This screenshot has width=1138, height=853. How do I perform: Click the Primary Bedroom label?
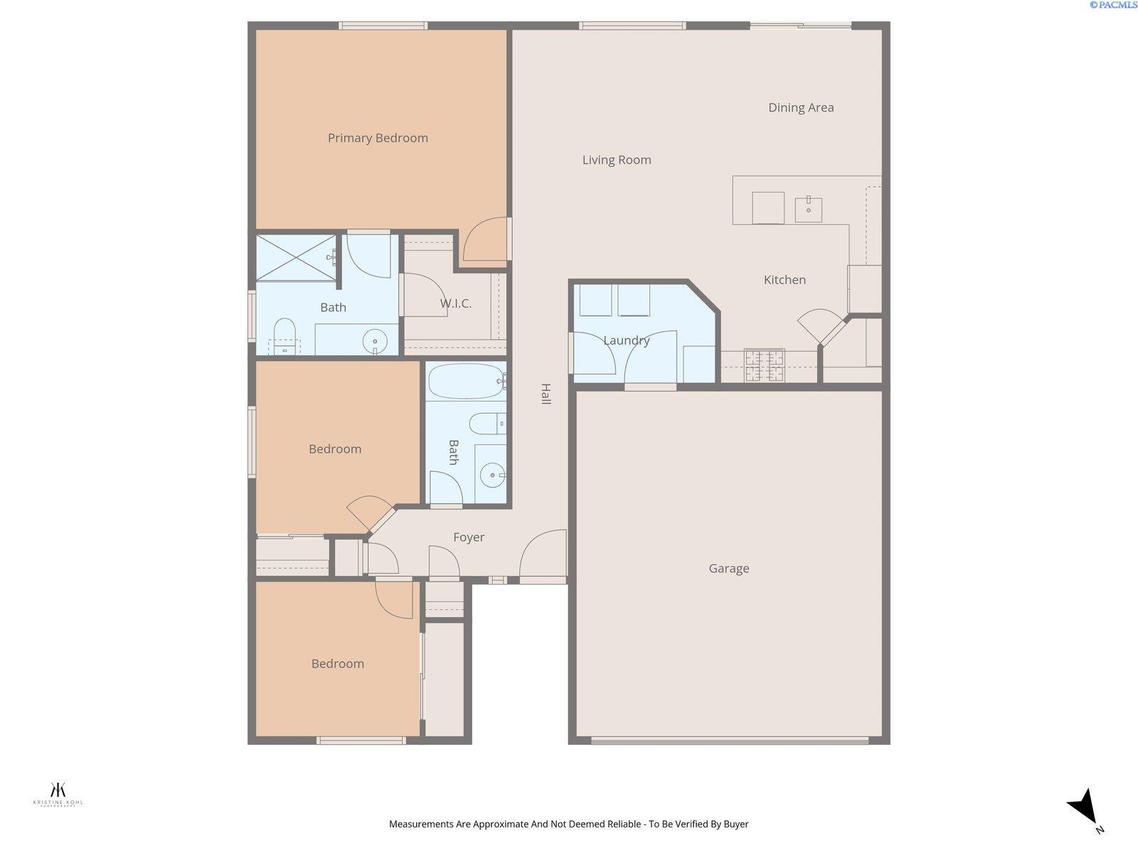click(x=378, y=138)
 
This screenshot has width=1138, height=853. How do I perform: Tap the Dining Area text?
click(x=801, y=107)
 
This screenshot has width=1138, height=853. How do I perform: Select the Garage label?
click(x=728, y=568)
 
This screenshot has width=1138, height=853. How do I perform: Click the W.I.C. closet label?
click(x=455, y=304)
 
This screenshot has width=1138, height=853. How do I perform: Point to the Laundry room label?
click(x=626, y=340)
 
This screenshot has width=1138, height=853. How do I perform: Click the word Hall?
click(x=546, y=394)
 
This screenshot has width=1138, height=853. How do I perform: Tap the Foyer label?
click(x=468, y=537)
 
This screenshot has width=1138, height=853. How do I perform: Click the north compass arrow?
click(x=1084, y=808)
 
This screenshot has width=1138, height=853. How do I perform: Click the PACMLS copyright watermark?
click(x=1113, y=5)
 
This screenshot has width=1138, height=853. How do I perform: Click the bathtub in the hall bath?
click(x=466, y=382)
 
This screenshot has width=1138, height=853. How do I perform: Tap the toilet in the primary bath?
click(x=284, y=335)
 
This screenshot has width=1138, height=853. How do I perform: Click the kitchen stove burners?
click(x=764, y=365)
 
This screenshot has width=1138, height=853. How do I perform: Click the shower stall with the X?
click(x=296, y=257)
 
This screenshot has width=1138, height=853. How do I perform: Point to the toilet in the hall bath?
click(x=486, y=424)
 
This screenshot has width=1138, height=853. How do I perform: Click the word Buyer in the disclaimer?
click(x=735, y=824)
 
